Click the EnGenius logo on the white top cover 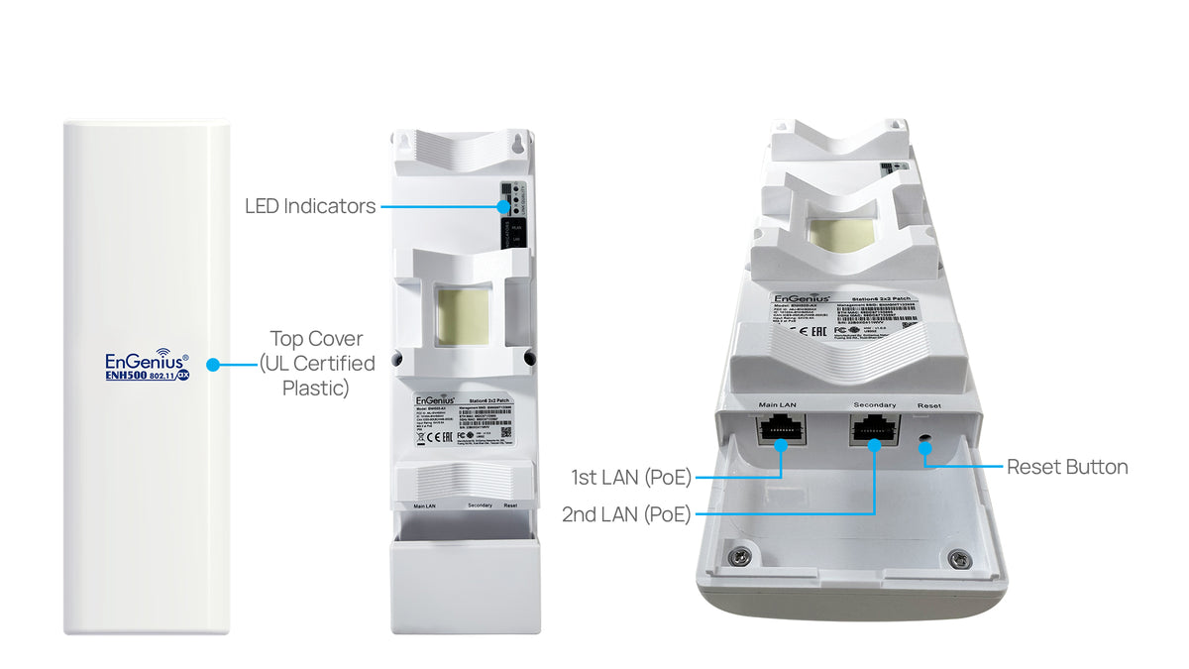click(x=144, y=361)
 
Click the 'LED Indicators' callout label click(x=310, y=206)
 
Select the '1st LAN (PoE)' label click(x=631, y=478)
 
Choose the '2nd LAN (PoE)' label click(x=626, y=513)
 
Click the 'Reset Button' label click(x=1067, y=467)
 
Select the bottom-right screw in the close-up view click(x=956, y=560)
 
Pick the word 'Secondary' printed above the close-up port click(x=874, y=404)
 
